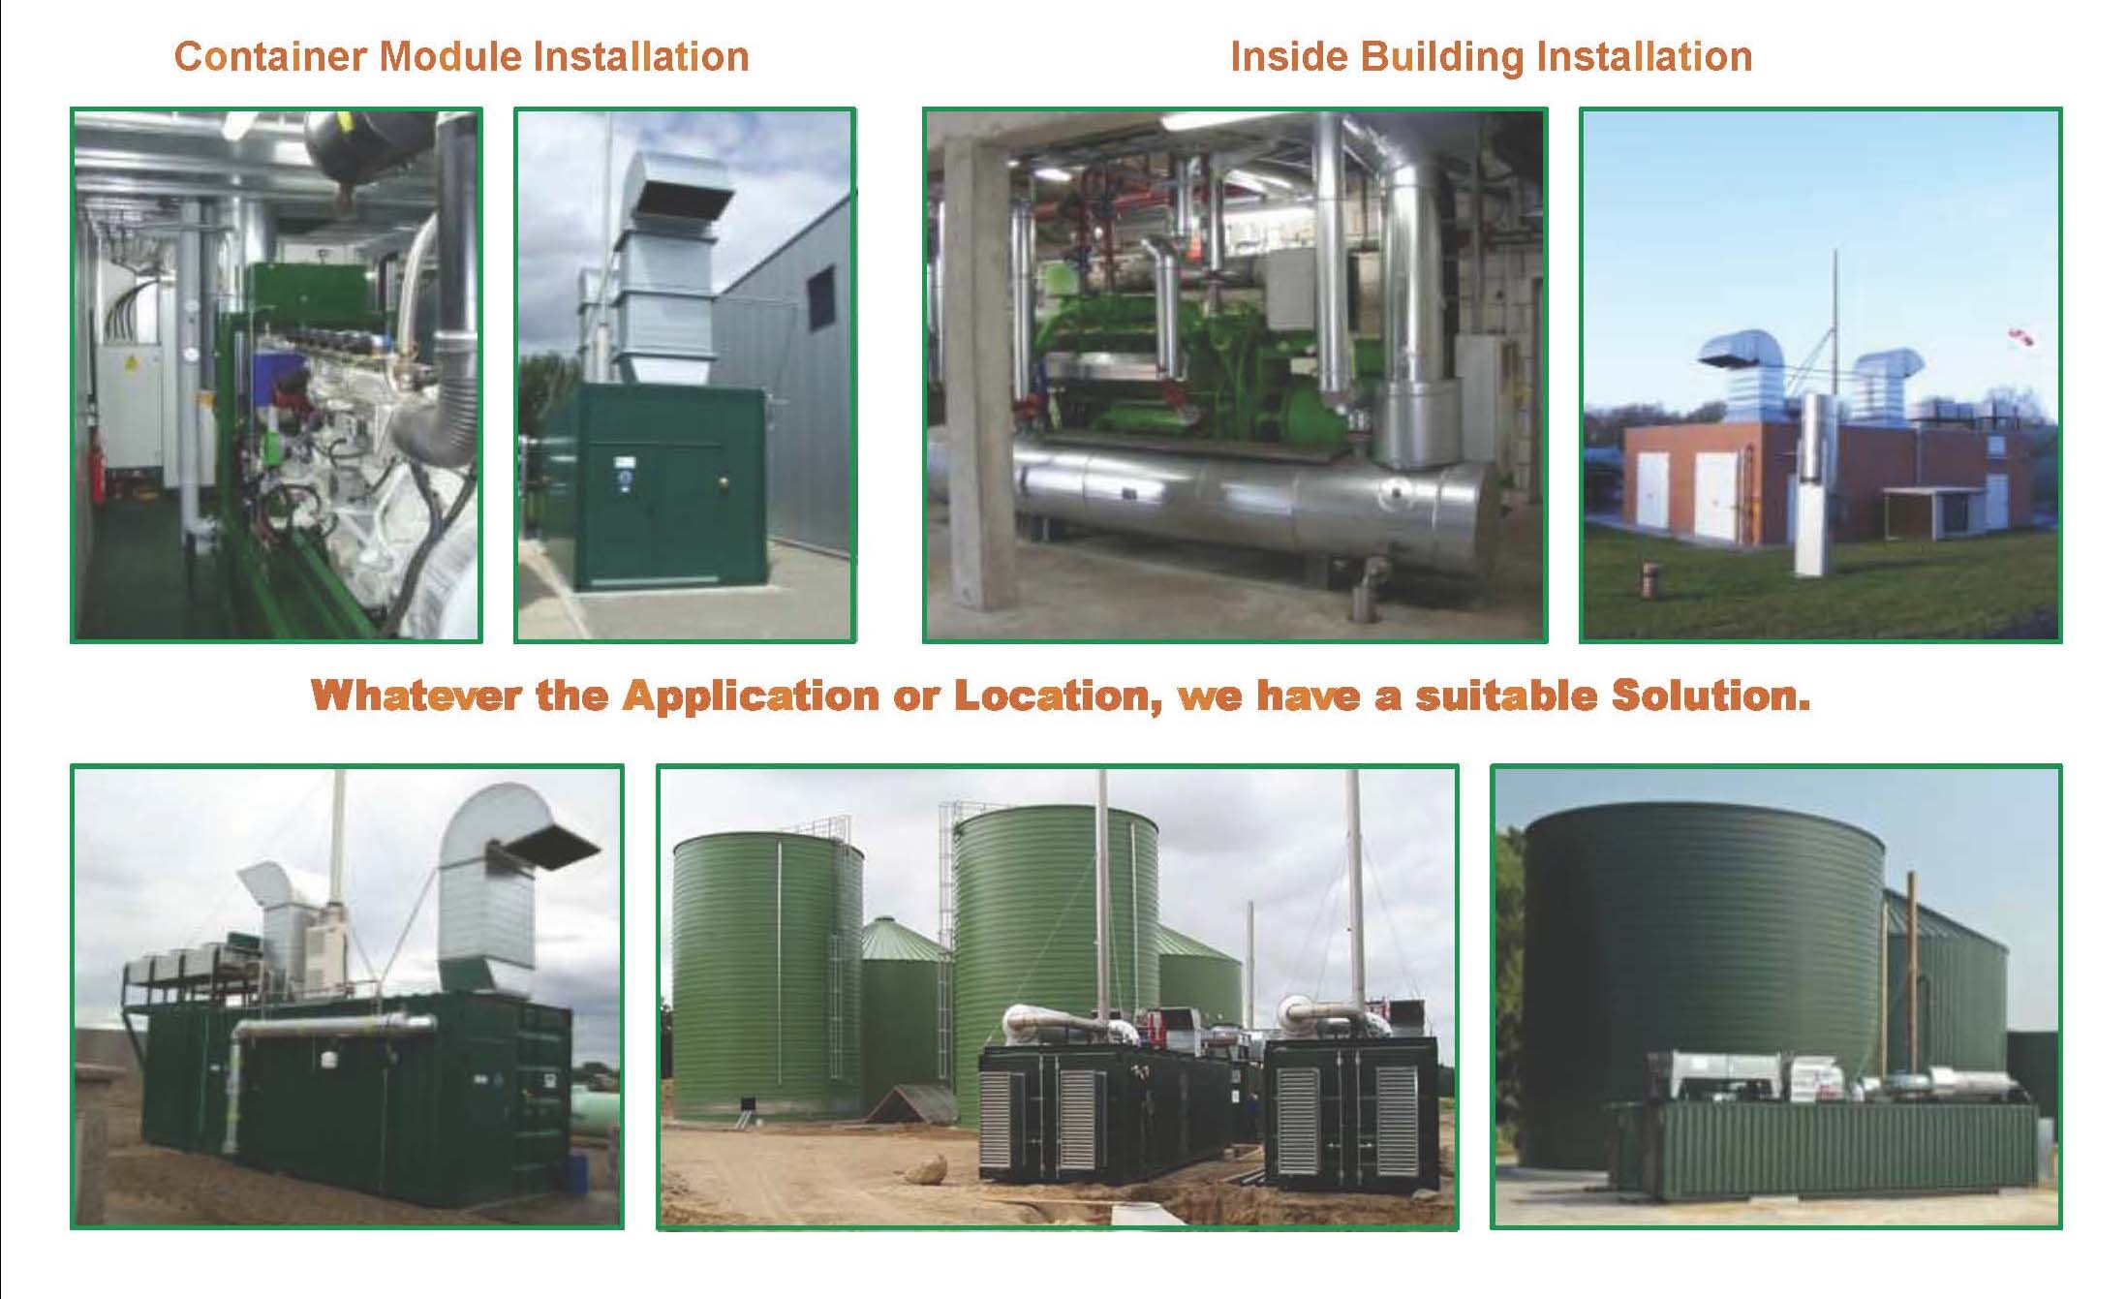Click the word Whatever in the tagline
[416, 696]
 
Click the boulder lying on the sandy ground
[926, 1168]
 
